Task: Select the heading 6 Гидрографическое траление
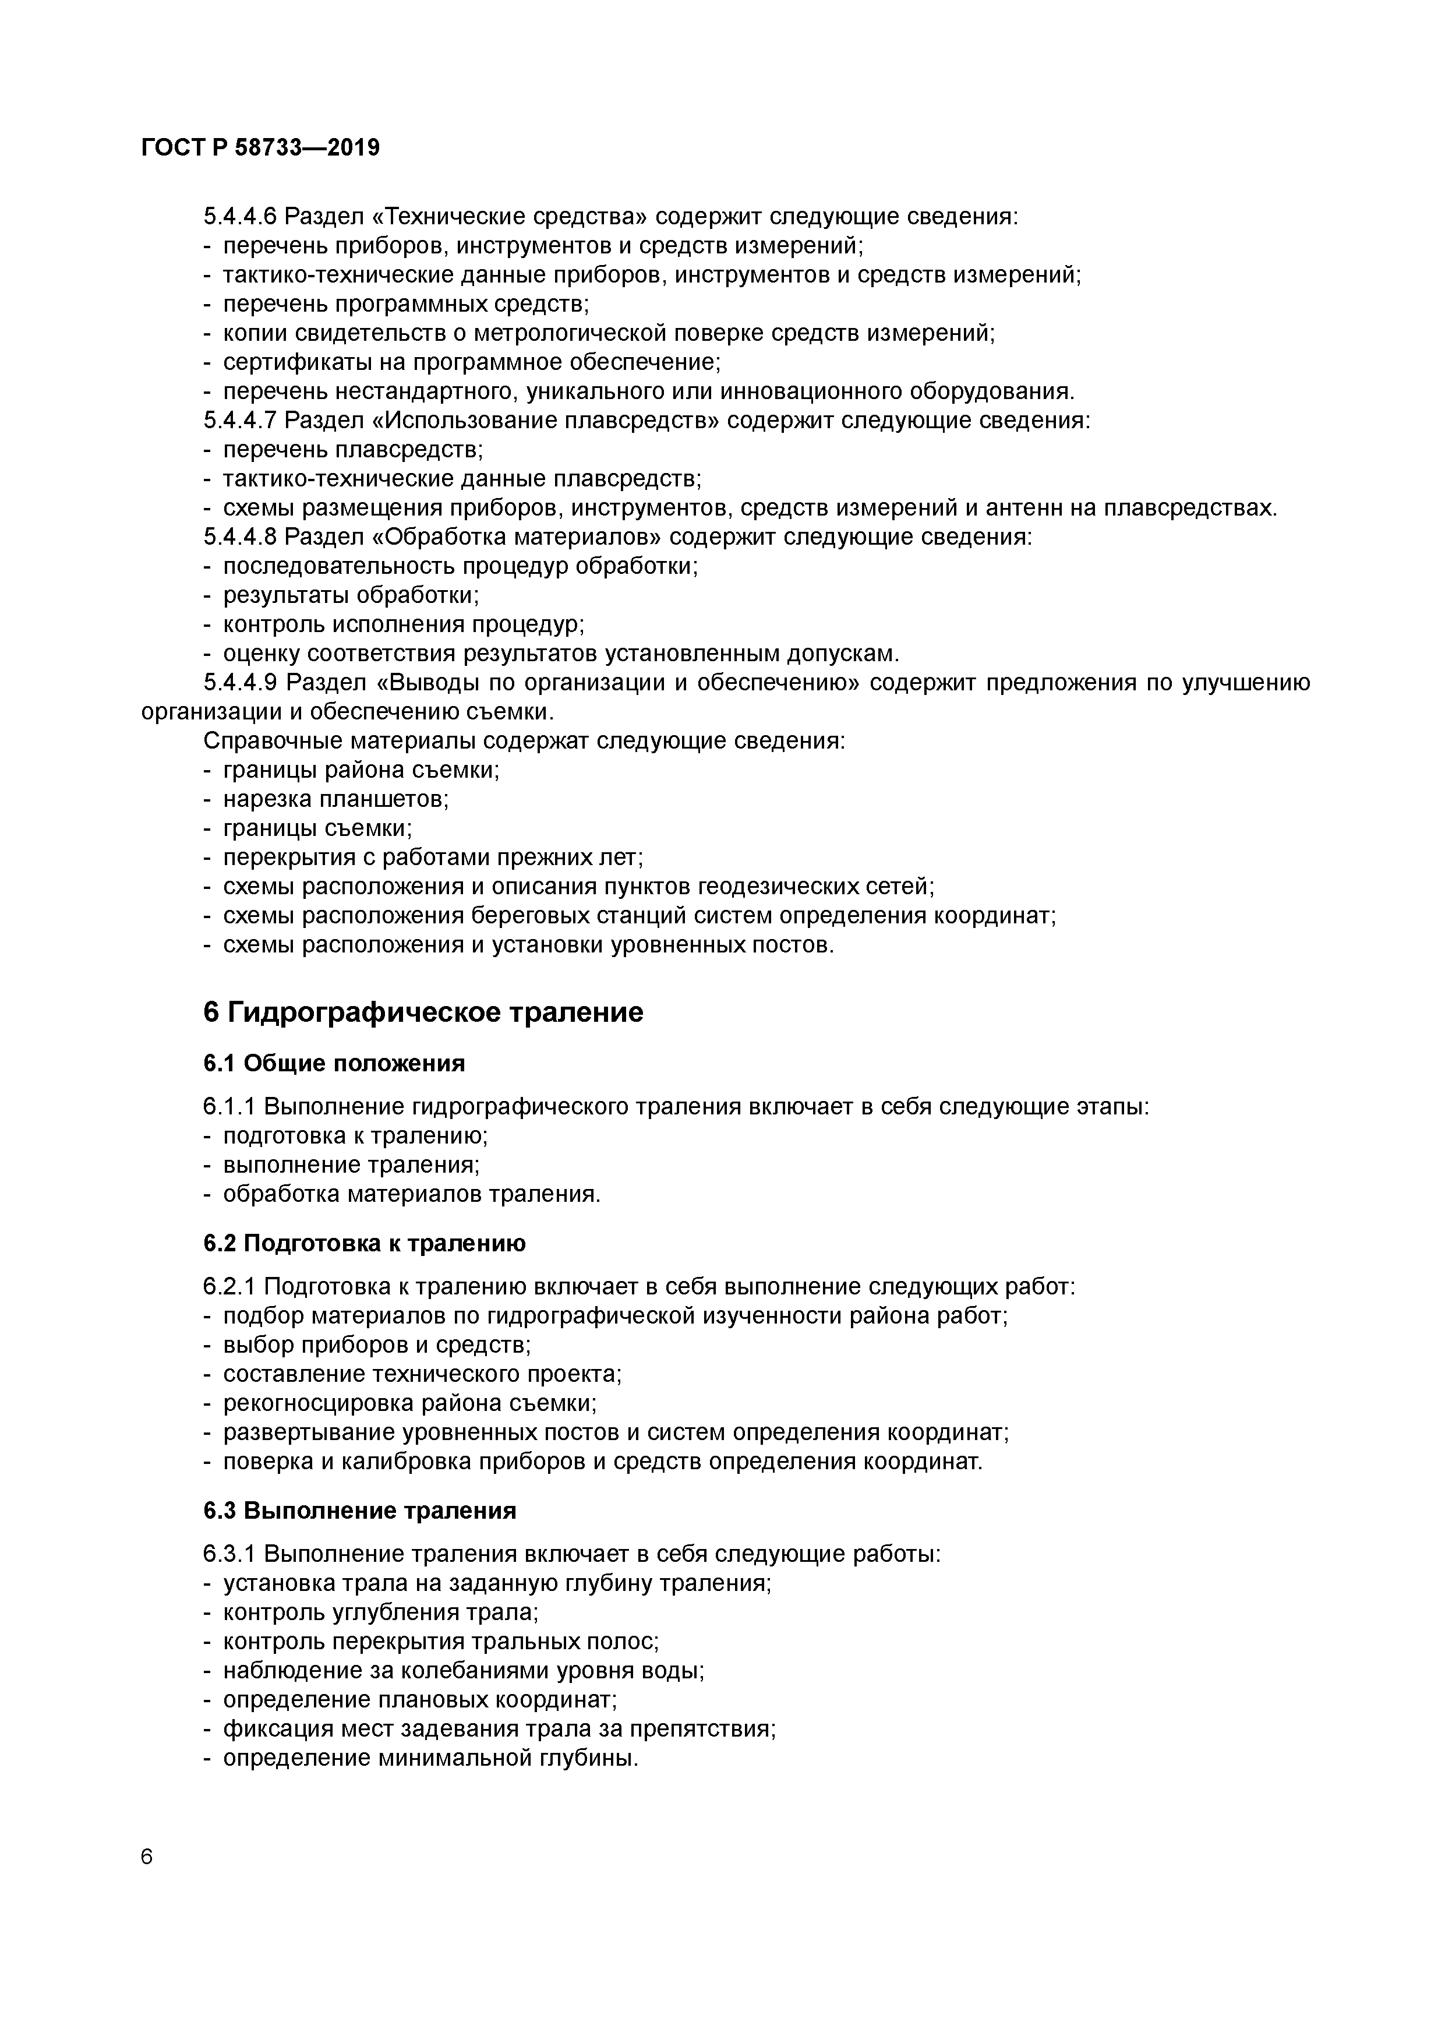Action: [423, 1012]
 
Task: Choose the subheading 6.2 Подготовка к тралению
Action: [364, 1243]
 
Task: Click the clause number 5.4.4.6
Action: [240, 216]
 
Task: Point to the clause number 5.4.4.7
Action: [240, 420]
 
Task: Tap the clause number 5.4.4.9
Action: [240, 683]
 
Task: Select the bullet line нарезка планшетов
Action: [335, 799]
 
